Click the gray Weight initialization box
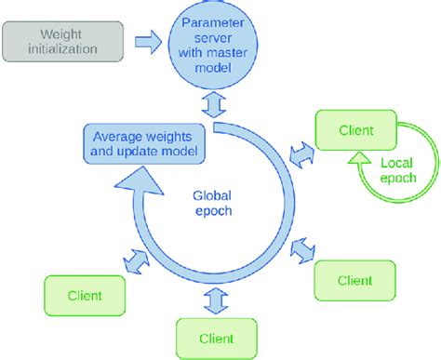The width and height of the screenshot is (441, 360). point(62,41)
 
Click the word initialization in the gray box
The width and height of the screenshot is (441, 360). point(62,48)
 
